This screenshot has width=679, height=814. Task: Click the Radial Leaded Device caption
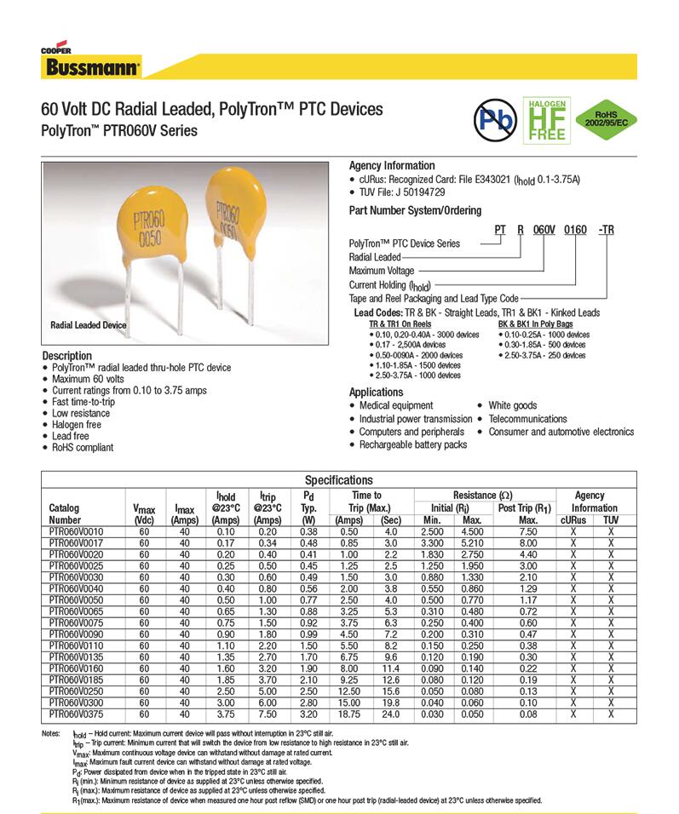tap(89, 325)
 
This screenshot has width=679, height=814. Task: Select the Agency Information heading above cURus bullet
tap(392, 165)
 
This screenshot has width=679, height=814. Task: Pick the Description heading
tap(66, 355)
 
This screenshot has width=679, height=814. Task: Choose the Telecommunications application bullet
tap(527, 419)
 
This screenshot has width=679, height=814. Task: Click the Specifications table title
tap(338, 480)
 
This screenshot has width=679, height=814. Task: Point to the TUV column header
tap(611, 519)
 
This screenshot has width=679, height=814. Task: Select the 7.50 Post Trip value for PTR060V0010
tap(528, 531)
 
